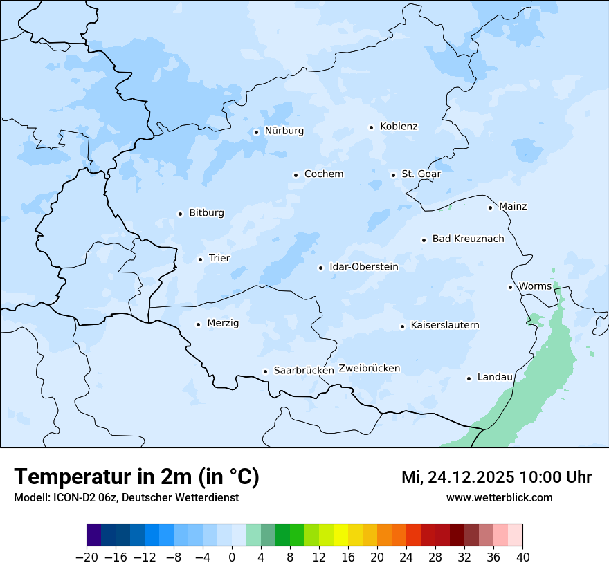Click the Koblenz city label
399,127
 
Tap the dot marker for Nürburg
256,131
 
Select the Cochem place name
324,174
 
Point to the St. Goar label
421,174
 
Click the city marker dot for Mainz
490,207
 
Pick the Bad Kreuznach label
468,239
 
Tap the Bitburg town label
206,213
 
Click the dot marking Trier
200,259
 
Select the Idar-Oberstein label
364,267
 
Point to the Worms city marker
510,287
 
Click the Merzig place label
223,323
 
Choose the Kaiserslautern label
444,325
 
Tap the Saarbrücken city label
304,371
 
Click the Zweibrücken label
369,369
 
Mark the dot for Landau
469,378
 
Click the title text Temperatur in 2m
136,476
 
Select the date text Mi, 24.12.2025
457,477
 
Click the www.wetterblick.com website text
499,497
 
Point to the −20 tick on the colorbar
87,557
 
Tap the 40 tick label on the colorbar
522,557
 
